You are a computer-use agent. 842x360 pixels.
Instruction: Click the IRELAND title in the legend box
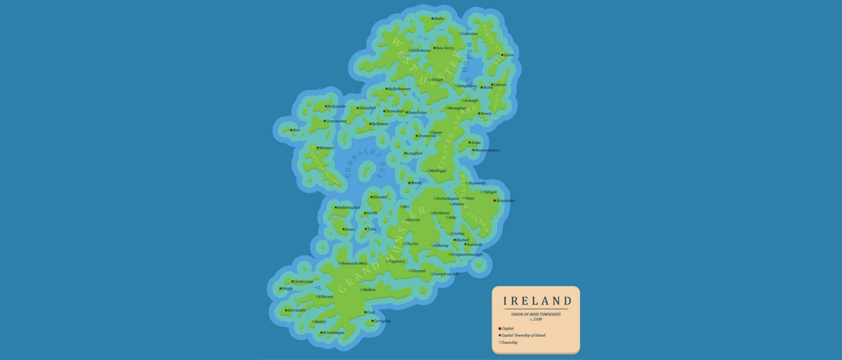pos(536,301)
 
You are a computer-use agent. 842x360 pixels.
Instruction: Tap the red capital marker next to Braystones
pos(496,201)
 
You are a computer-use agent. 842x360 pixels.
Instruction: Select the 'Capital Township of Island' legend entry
pos(522,336)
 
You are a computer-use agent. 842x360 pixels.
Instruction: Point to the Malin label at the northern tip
pos(438,19)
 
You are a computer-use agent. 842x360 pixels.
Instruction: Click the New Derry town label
pos(445,48)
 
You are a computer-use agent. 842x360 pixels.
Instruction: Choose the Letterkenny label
pos(421,50)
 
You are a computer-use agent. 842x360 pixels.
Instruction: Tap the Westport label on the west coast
pos(326,148)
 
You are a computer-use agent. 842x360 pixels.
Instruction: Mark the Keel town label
pos(296,130)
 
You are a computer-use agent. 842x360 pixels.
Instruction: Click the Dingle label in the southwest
pos(287,288)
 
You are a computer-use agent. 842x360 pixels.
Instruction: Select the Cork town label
pos(371,312)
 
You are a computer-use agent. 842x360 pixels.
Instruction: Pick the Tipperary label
pos(397,261)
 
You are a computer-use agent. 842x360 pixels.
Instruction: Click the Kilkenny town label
pos(441,246)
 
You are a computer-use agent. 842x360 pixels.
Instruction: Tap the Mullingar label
pos(438,171)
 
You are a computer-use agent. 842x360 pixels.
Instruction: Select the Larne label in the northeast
pos(509,55)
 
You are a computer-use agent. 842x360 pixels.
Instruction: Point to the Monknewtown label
pos(486,150)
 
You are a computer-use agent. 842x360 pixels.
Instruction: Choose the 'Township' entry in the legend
pos(510,343)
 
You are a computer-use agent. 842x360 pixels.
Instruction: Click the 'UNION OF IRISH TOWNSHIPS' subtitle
pos(536,314)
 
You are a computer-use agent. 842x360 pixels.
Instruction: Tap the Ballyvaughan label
pos(348,207)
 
